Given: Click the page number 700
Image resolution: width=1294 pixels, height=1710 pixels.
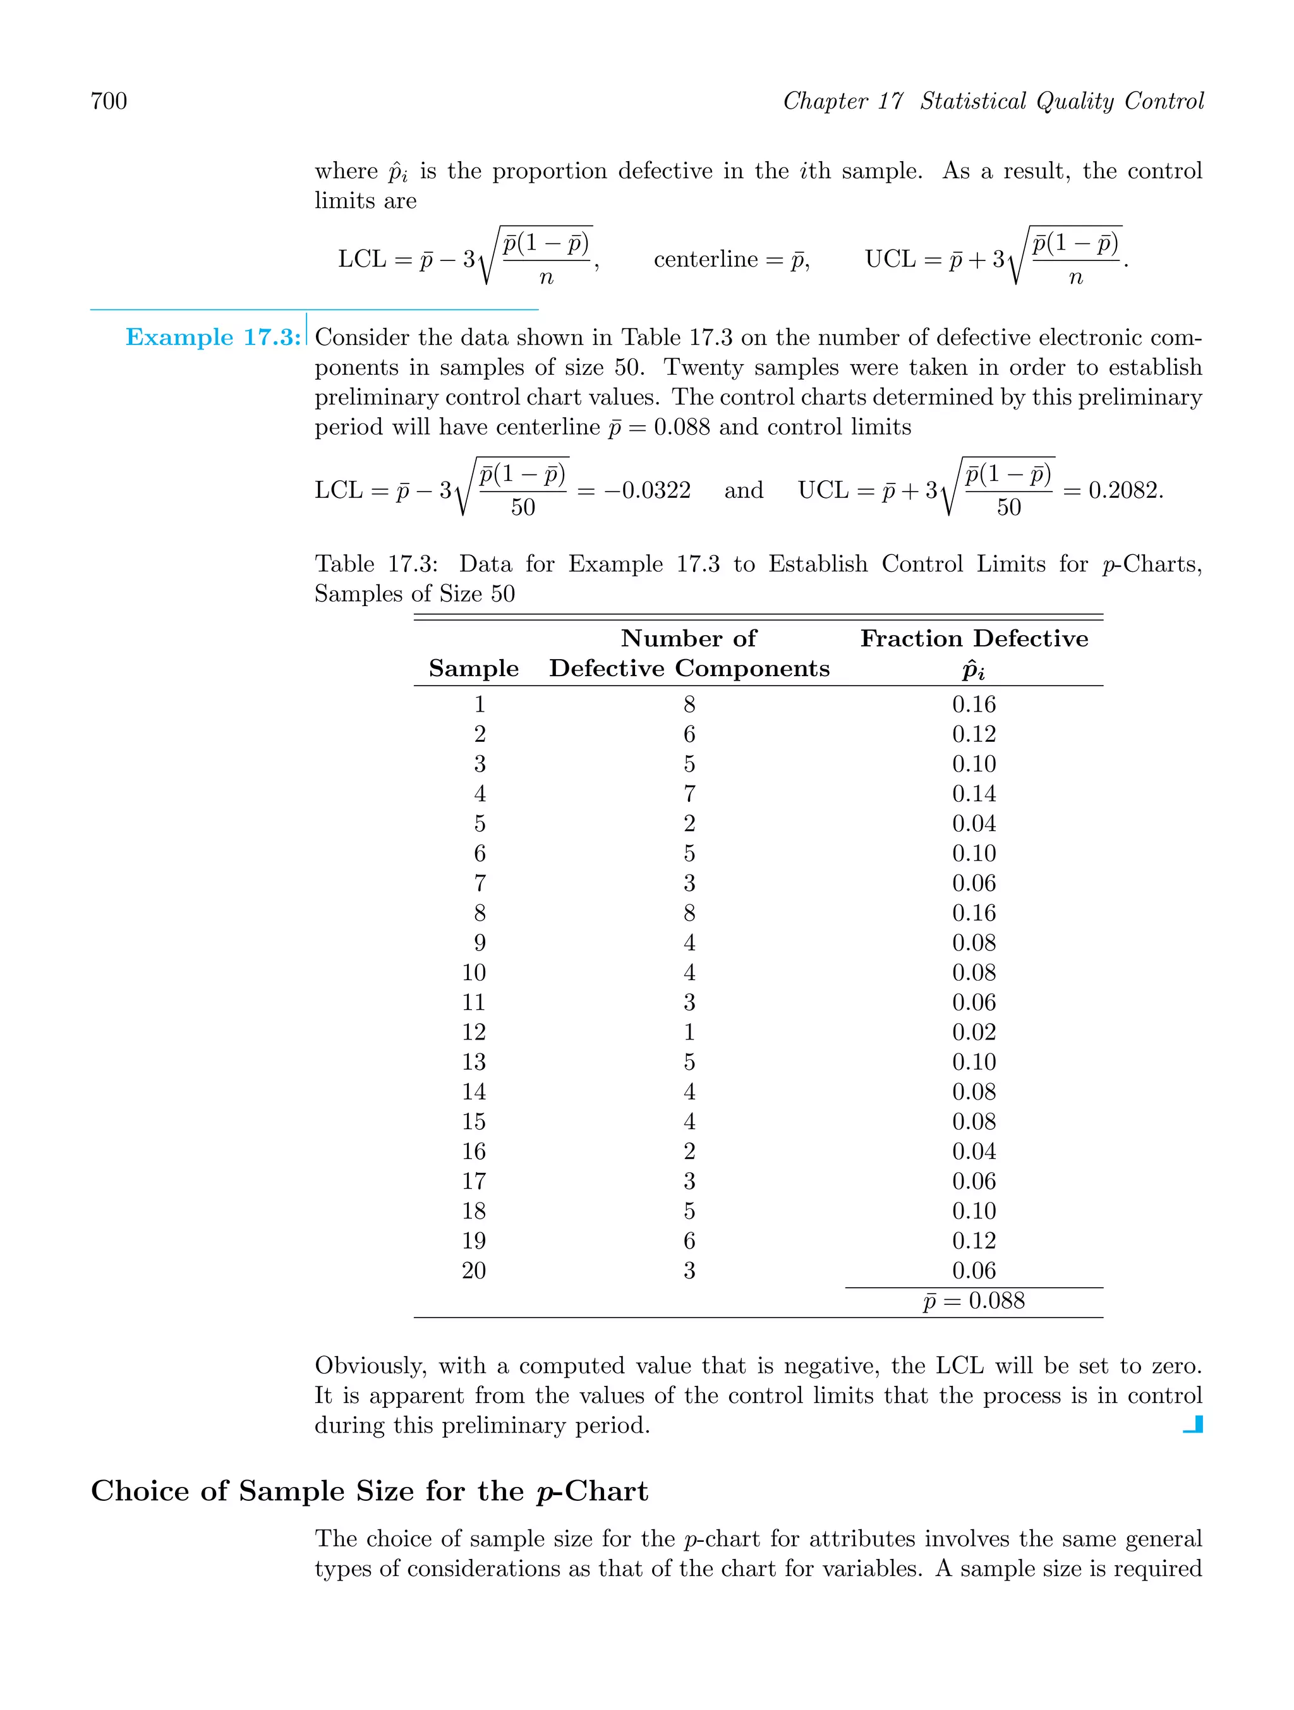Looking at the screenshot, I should click(x=109, y=101).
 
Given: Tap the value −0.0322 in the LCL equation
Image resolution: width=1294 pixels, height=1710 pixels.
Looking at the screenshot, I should click(x=646, y=490).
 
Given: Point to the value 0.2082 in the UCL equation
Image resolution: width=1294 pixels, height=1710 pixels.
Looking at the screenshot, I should click(x=1124, y=490).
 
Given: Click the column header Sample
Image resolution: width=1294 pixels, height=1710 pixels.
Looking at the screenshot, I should click(x=473, y=668).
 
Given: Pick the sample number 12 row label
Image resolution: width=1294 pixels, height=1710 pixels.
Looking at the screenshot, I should click(x=474, y=1032).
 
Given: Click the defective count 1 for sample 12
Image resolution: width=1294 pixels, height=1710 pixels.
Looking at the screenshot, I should click(x=689, y=1032).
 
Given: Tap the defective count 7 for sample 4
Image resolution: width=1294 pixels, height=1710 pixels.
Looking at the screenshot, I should click(x=689, y=794).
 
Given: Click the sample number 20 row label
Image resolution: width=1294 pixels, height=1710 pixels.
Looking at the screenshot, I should click(x=474, y=1271).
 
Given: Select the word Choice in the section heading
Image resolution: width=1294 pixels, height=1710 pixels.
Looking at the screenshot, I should click(x=140, y=1491).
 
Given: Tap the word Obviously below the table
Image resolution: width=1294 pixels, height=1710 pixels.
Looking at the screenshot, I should click(x=370, y=1366).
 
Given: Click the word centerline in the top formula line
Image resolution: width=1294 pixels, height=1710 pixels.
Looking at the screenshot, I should click(x=705, y=259).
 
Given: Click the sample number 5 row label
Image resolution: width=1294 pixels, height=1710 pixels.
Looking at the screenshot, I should click(x=480, y=824).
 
